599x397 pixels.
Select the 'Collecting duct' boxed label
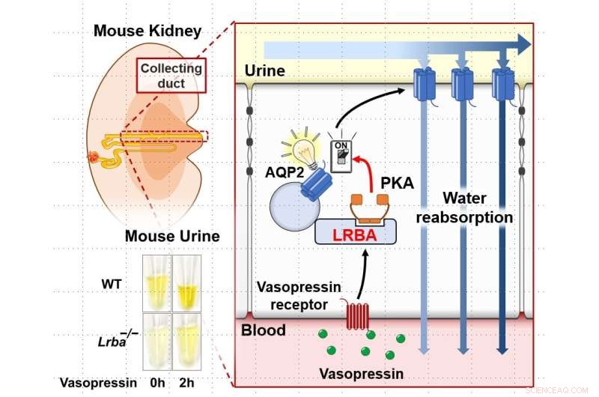pos(171,76)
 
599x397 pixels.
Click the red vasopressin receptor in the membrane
pos(356,315)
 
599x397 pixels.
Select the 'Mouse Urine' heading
pos(172,237)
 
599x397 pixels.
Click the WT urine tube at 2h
pos(186,284)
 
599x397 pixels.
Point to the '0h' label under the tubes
pos(156,382)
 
